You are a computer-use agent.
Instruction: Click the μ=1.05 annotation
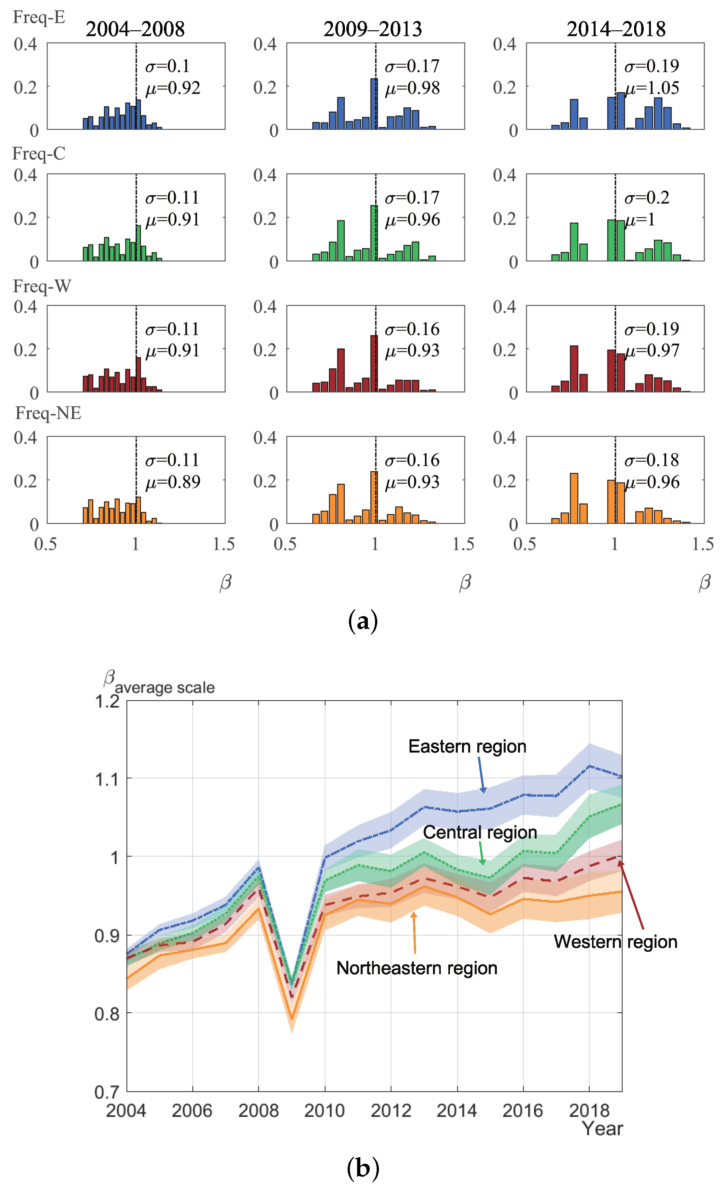(x=652, y=88)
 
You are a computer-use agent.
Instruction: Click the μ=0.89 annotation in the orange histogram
(x=173, y=482)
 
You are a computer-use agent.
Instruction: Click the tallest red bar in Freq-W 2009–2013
(x=374, y=363)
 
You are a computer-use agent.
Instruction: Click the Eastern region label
(x=467, y=746)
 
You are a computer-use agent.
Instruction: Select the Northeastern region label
(x=417, y=968)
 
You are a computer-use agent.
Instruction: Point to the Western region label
(x=615, y=941)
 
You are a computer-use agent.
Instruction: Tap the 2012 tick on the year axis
(x=391, y=1110)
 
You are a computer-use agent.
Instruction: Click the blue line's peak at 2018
(x=589, y=766)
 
